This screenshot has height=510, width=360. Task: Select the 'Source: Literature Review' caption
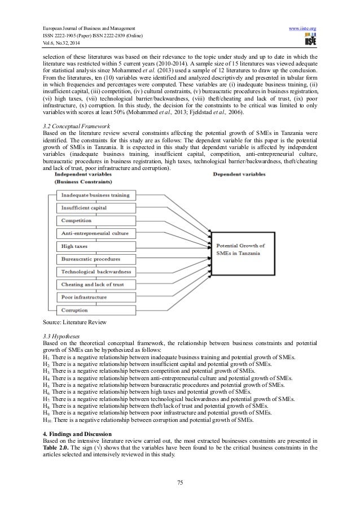pos(66,321)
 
